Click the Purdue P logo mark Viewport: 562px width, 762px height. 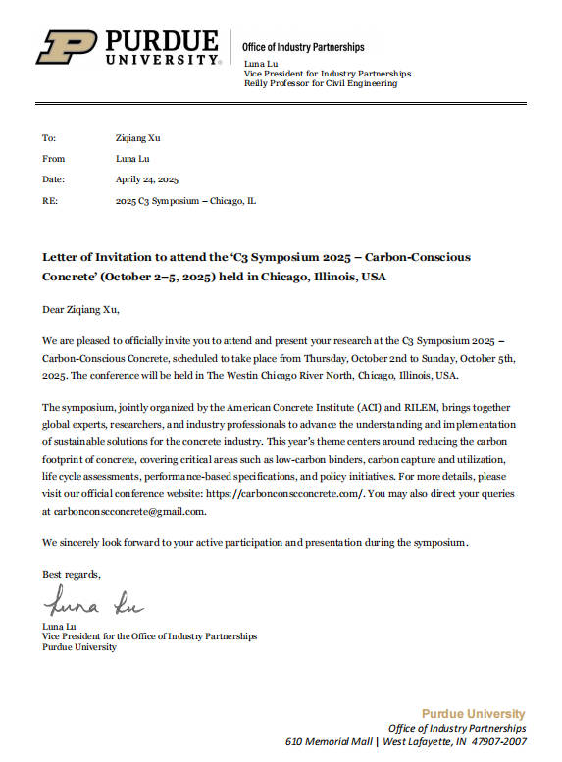pyautogui.click(x=66, y=47)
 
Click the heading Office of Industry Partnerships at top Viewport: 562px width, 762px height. pyautogui.click(x=303, y=47)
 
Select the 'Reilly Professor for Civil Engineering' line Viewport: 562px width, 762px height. pyautogui.click(x=320, y=83)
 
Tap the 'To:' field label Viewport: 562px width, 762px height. pyautogui.click(x=49, y=137)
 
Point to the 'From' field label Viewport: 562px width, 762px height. pyautogui.click(x=53, y=158)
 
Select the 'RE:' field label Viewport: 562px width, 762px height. pyautogui.click(x=50, y=200)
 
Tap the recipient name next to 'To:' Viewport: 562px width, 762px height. pyautogui.click(x=136, y=137)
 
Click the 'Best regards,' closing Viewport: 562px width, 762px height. pyautogui.click(x=71, y=573)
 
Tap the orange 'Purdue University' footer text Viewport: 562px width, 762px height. pyautogui.click(x=474, y=714)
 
